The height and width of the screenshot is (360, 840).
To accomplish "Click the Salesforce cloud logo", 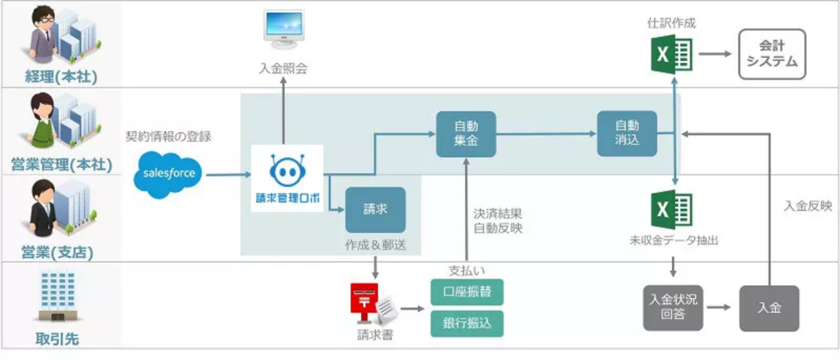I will [x=168, y=174].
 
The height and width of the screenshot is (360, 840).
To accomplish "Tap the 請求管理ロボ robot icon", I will [x=287, y=170].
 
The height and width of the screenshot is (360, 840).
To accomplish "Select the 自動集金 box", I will [x=466, y=134].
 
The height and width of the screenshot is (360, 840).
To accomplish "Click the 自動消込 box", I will [x=627, y=133].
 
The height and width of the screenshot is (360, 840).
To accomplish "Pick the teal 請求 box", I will [x=375, y=209].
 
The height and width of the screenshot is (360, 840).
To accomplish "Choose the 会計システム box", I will [x=772, y=54].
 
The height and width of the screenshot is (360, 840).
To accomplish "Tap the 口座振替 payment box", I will [x=467, y=292].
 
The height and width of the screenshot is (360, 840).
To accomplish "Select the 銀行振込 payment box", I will [x=467, y=323].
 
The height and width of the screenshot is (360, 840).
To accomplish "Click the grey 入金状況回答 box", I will [x=673, y=308].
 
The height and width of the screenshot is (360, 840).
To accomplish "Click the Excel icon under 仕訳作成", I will [x=671, y=54].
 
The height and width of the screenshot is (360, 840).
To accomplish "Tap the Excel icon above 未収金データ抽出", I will [x=671, y=210].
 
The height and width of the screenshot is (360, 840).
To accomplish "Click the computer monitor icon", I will [x=283, y=29].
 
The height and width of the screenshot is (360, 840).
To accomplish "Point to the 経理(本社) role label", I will [x=61, y=77].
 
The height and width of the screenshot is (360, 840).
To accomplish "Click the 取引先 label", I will [x=57, y=338].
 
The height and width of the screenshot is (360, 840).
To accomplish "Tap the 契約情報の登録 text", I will [x=169, y=136].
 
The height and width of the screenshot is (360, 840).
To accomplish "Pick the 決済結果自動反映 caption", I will [x=498, y=221].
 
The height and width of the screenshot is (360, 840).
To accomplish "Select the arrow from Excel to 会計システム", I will [x=715, y=54].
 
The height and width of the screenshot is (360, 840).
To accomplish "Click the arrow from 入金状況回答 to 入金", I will [x=720, y=308].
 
